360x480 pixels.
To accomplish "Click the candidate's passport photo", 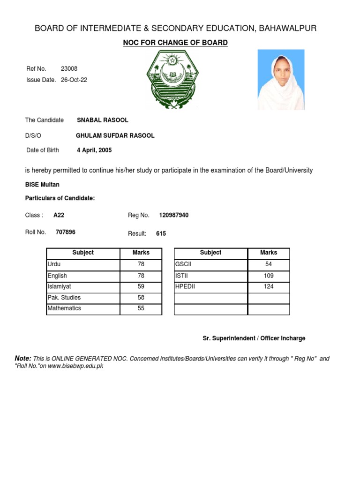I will pos(281,80).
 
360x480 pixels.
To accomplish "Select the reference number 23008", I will pos(69,69).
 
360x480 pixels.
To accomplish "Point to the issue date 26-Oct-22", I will pos(74,80).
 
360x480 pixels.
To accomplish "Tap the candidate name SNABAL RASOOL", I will pos(102,120).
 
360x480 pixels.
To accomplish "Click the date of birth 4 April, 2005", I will pos(94,150).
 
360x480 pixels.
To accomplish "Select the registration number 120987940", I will pos(174,215).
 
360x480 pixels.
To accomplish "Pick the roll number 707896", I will pos(65,232).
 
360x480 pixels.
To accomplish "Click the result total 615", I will pos(161,233).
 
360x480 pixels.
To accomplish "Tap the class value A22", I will pos(59,215).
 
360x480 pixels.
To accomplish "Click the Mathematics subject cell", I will pos(64,308).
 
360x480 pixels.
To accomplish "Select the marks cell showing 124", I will pos(269,286).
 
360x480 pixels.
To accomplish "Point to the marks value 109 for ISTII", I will pos(269,276).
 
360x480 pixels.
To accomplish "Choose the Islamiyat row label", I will pos(60,286).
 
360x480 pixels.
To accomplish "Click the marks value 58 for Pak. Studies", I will pos(141,298).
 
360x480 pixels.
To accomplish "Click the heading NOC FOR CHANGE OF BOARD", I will pos(175,43).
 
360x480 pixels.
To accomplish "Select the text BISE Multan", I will pos(42,185).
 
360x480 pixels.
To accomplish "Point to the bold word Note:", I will pos(23,358).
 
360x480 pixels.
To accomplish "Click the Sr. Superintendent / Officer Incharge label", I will pos(254,338).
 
